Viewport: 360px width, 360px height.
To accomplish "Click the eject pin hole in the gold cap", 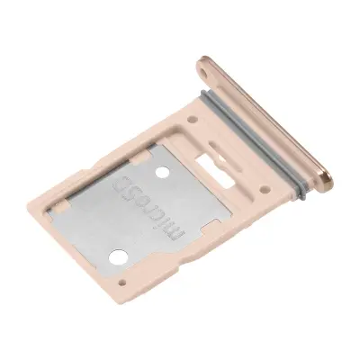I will pyautogui.click(x=207, y=66).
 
